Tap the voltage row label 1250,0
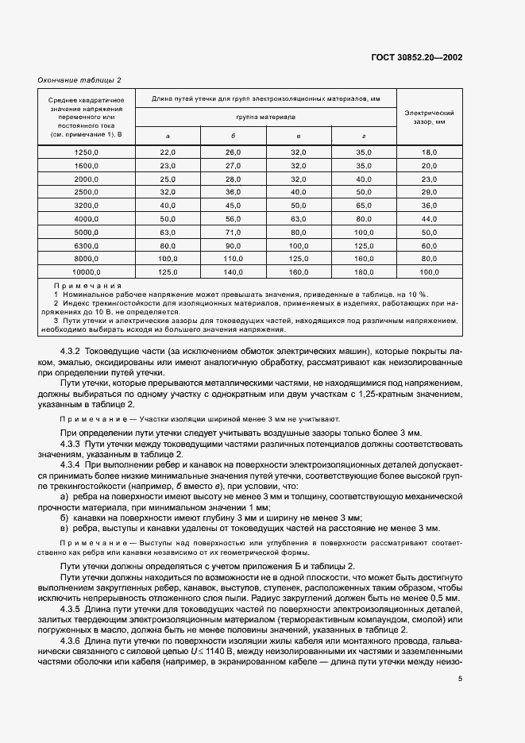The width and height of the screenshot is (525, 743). click(x=86, y=152)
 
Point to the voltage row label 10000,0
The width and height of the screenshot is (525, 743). click(x=86, y=271)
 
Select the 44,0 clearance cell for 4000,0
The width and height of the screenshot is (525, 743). click(x=430, y=218)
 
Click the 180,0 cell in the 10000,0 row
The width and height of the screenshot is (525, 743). click(x=364, y=271)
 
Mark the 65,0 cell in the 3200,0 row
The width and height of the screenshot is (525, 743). click(x=364, y=205)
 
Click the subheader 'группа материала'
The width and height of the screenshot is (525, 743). click(x=265, y=116)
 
